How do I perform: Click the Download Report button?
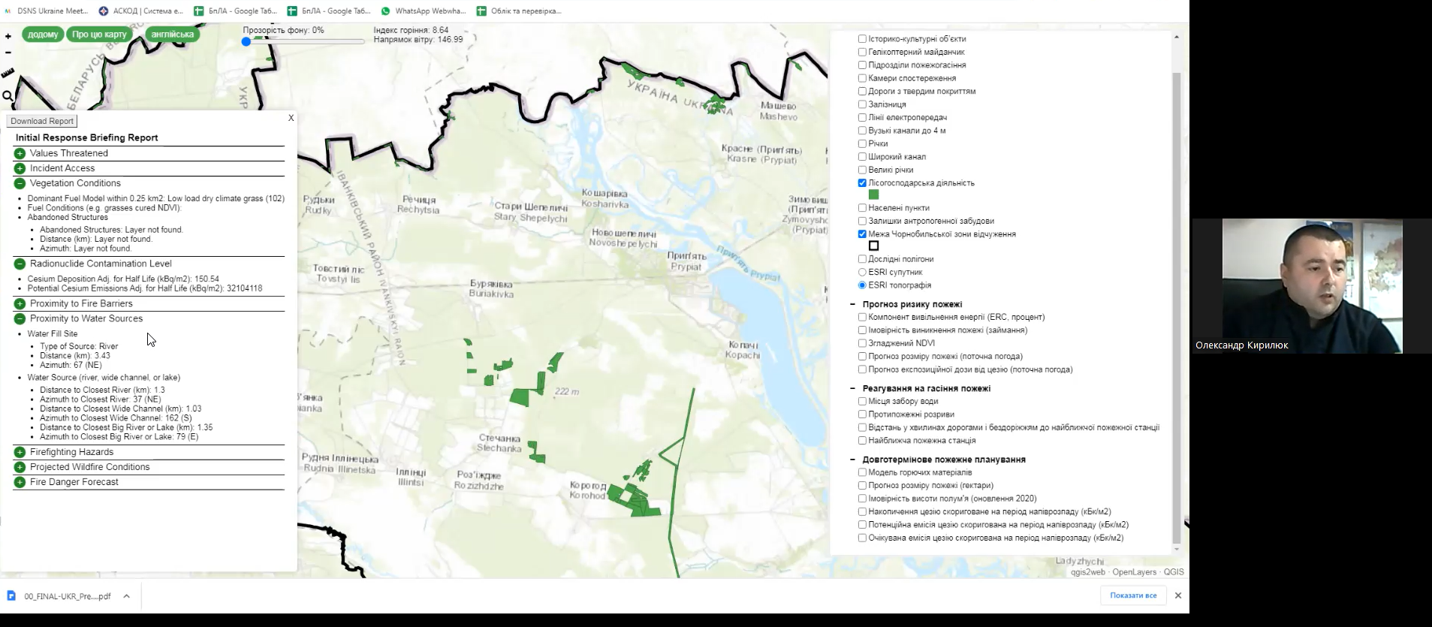click(x=42, y=121)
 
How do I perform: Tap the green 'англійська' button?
click(x=172, y=35)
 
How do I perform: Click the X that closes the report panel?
click(x=291, y=118)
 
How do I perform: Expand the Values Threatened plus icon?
click(x=20, y=153)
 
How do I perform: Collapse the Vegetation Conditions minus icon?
click(x=20, y=183)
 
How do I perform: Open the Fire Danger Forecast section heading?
click(x=74, y=482)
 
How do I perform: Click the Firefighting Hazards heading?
click(x=71, y=452)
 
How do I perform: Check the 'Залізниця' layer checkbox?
click(x=862, y=104)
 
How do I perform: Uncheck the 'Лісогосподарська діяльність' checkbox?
click(x=862, y=182)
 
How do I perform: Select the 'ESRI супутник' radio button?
click(x=862, y=272)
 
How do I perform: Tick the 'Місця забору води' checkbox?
click(x=862, y=401)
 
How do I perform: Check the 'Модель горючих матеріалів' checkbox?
click(x=862, y=472)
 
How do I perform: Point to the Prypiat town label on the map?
click(x=686, y=261)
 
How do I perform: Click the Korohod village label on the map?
click(x=587, y=490)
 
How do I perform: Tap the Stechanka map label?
click(x=499, y=443)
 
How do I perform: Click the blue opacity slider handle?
click(x=246, y=42)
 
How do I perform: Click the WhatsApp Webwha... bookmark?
click(x=424, y=11)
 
